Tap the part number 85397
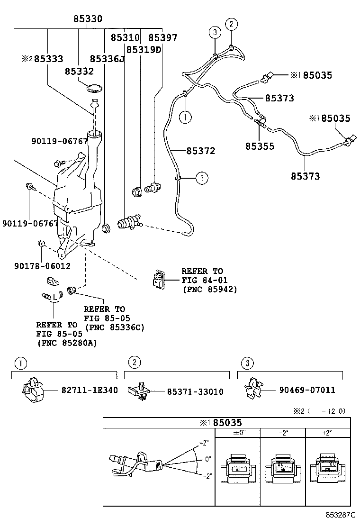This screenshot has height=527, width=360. [x=162, y=37]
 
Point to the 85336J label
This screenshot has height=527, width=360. [x=107, y=59]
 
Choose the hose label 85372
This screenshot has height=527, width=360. [x=200, y=151]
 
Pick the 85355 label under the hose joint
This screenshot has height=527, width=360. [x=260, y=146]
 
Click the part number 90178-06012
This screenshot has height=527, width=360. [x=43, y=266]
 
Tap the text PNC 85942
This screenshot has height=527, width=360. [x=209, y=289]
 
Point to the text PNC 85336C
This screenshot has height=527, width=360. [x=114, y=327]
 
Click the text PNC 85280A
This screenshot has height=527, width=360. [x=66, y=343]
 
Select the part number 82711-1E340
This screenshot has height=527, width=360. [x=90, y=390]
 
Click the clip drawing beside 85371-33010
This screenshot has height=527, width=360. [x=138, y=391]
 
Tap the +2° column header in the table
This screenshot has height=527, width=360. [x=326, y=433]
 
